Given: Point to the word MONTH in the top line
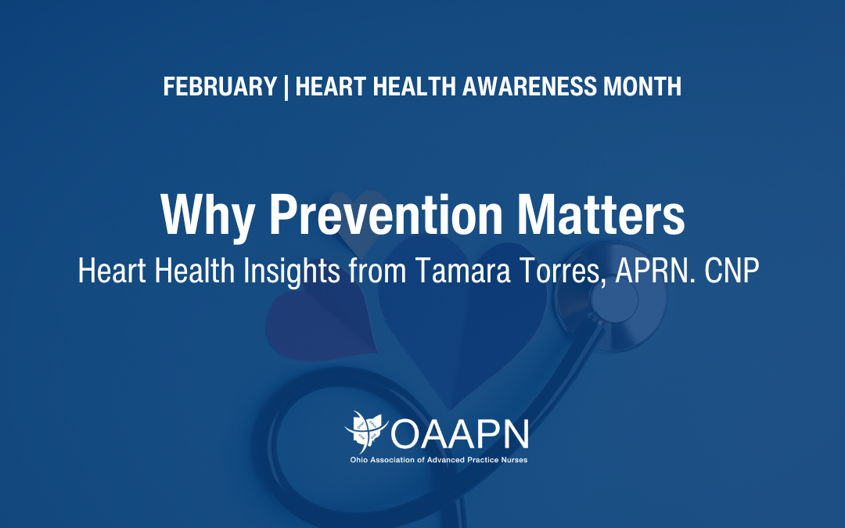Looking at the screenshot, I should tap(642, 87).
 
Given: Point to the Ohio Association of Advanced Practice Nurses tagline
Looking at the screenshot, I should tap(438, 460).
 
